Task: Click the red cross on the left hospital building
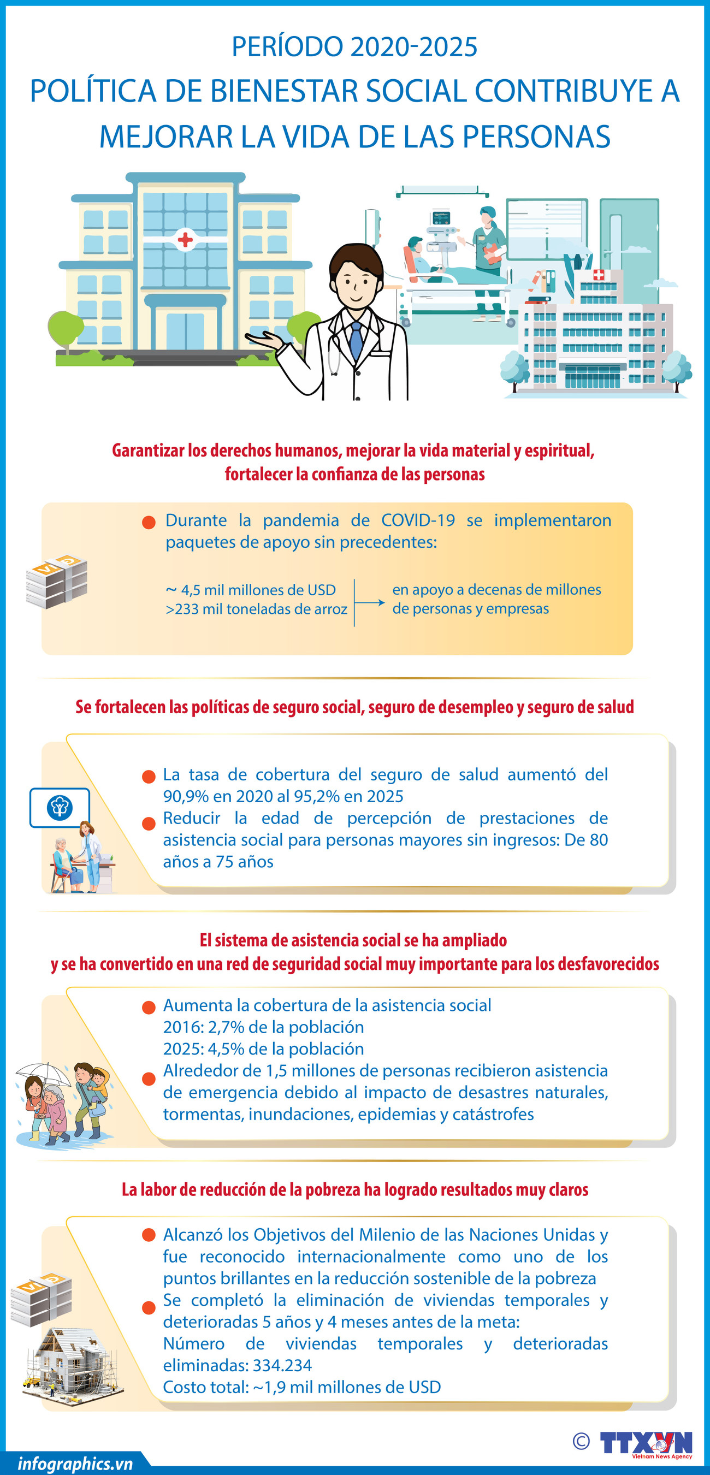(x=185, y=239)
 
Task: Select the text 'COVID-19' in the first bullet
(x=418, y=520)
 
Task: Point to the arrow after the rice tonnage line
(x=372, y=602)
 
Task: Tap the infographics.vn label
(x=75, y=1464)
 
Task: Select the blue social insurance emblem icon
(x=60, y=808)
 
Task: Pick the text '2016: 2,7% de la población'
(x=263, y=1027)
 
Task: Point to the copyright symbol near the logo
(x=581, y=1441)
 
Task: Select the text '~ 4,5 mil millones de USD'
(x=250, y=590)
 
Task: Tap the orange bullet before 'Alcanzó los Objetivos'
(x=149, y=1235)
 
